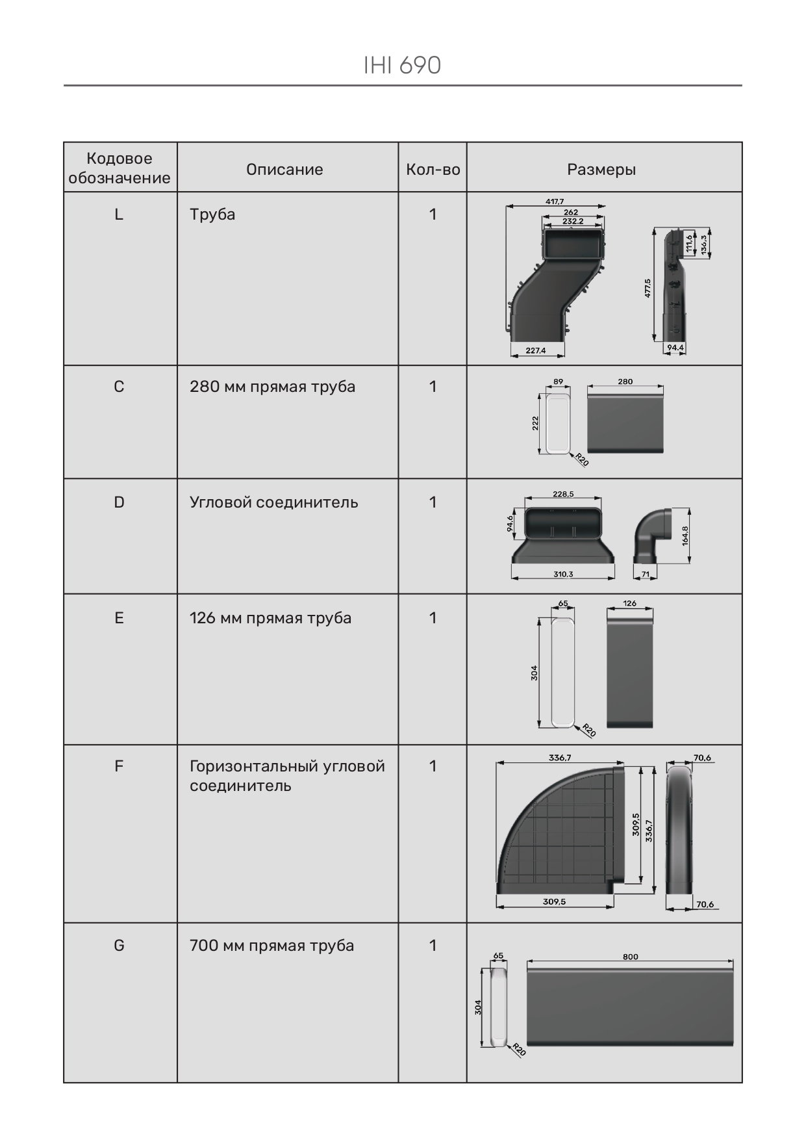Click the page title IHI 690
click(x=402, y=66)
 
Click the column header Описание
click(x=284, y=170)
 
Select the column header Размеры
click(x=601, y=170)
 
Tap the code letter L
click(x=119, y=214)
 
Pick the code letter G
click(x=119, y=946)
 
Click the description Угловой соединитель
click(x=273, y=502)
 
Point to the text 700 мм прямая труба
click(x=271, y=946)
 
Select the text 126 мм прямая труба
click(x=270, y=618)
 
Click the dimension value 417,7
click(x=555, y=201)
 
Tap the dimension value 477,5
click(x=648, y=288)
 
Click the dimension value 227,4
click(x=536, y=350)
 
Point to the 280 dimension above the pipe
click(x=625, y=382)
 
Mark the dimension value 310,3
click(x=563, y=575)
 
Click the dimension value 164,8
click(x=685, y=536)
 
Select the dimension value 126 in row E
click(x=630, y=603)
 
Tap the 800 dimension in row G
click(x=630, y=957)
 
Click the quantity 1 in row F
click(x=433, y=766)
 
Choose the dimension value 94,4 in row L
click(x=675, y=348)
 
